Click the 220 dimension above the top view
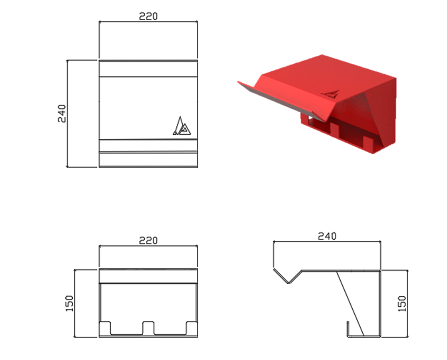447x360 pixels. click(148, 16)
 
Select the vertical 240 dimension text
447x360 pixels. click(62, 114)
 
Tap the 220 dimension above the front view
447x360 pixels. click(148, 241)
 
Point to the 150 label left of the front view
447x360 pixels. click(69, 303)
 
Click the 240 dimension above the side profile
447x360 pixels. click(327, 236)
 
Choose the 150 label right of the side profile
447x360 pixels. click(401, 303)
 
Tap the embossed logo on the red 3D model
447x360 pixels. click(330, 94)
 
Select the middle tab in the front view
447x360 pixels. click(148, 328)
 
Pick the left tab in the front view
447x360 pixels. click(105, 328)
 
